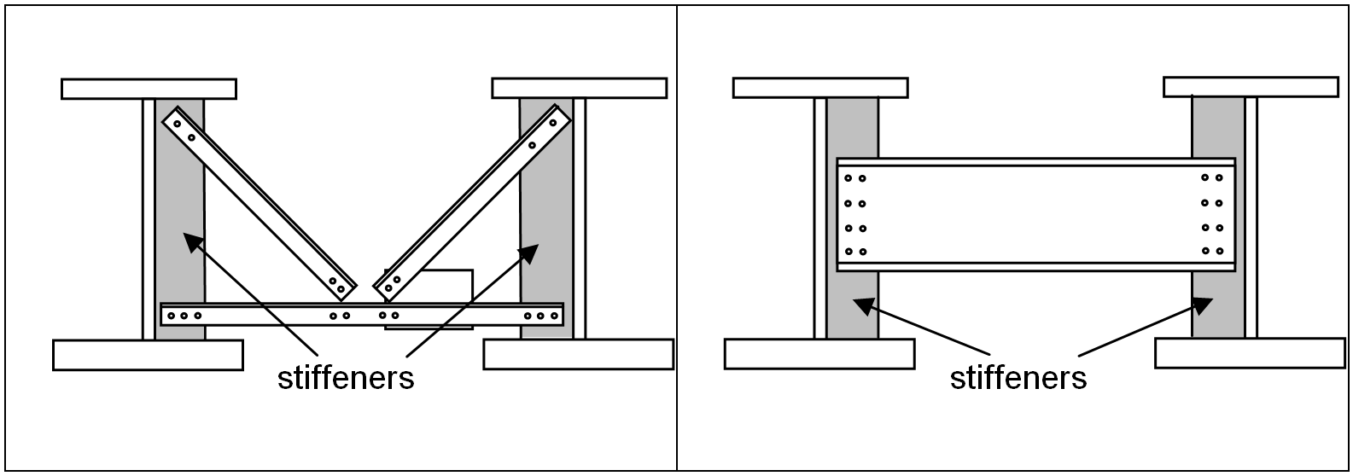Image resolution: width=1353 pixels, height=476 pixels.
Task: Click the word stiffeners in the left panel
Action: point(346,377)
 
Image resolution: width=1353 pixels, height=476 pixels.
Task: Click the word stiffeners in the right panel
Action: point(1018,377)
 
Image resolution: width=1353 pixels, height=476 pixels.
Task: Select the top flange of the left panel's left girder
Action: point(149,89)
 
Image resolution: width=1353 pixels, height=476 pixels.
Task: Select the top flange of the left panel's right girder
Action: point(579,88)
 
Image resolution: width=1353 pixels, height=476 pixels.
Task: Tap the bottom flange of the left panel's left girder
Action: point(148,355)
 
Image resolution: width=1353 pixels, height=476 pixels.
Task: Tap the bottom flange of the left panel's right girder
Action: point(578,354)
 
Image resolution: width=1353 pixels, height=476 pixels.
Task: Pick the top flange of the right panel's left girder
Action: point(819,88)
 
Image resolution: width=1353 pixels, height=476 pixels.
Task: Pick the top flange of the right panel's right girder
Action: point(1251,86)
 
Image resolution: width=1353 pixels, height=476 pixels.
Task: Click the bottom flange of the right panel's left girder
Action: point(819,354)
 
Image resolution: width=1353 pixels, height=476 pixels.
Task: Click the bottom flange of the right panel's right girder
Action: point(1250,352)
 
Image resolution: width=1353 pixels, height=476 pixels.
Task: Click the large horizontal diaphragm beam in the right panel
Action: point(1035,215)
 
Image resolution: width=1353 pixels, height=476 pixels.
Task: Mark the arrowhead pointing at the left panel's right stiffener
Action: point(531,251)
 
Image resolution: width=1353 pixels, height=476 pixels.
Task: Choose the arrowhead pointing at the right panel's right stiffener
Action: point(1204,303)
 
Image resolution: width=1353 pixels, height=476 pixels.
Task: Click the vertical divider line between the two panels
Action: point(677,239)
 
